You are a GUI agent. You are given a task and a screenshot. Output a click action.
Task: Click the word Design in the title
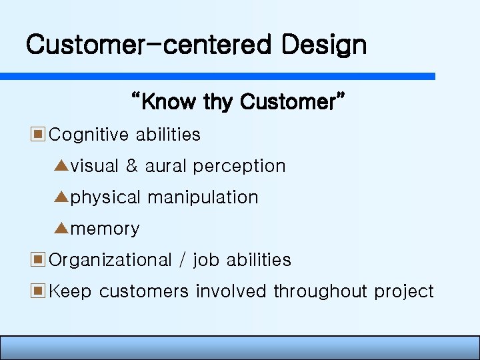click(x=323, y=45)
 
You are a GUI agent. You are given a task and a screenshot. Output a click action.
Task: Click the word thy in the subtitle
click(x=217, y=102)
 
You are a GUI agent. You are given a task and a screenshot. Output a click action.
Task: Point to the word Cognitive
click(x=89, y=135)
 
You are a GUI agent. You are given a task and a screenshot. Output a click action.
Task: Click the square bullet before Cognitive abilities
click(x=38, y=134)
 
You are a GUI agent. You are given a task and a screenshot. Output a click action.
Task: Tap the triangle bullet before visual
click(x=62, y=165)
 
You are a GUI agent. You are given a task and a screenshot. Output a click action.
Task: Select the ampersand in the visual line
click(x=131, y=166)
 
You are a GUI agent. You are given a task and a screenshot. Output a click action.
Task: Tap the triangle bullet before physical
click(x=62, y=197)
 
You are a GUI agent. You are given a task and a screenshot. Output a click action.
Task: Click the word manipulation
click(x=203, y=197)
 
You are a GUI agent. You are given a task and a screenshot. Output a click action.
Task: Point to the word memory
click(x=105, y=229)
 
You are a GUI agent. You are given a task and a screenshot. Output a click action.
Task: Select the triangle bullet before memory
click(x=62, y=228)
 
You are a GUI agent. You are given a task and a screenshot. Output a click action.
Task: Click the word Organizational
click(x=111, y=260)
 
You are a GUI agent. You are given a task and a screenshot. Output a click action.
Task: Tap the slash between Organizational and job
click(x=182, y=260)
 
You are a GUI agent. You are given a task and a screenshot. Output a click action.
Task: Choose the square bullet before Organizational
click(x=38, y=259)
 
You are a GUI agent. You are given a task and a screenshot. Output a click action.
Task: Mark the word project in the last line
click(x=403, y=292)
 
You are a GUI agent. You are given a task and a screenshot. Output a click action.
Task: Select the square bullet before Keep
click(x=38, y=291)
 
